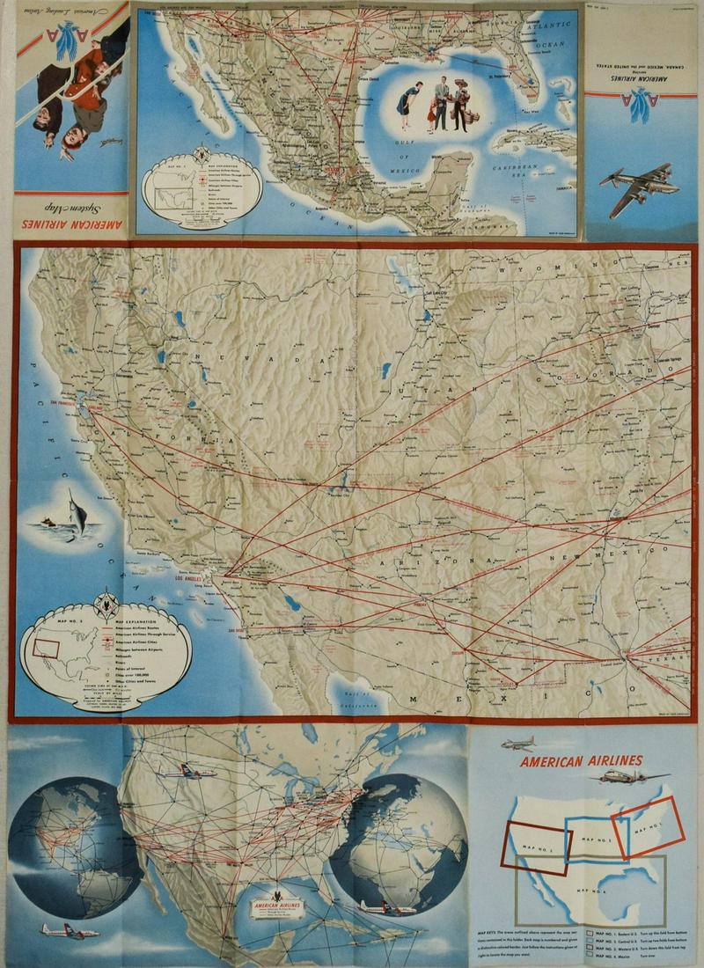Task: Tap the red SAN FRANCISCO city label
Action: point(67,402)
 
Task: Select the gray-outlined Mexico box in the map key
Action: point(616,884)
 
